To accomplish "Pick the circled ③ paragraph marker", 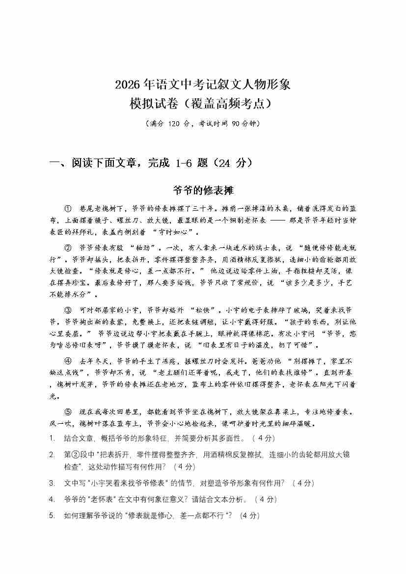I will tap(68, 310).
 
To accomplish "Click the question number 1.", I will tap(52, 438).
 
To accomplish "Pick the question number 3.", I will tap(52, 483).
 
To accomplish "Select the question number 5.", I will tap(52, 516).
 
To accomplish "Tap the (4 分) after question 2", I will tap(185, 466).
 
